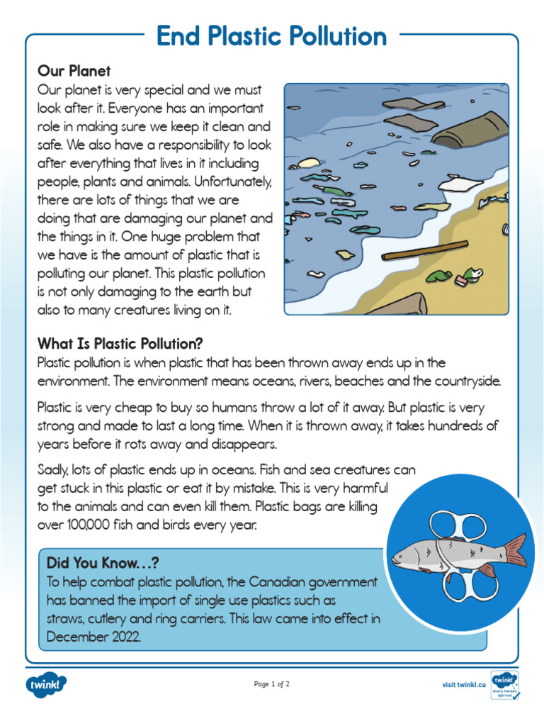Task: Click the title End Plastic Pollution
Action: point(272,37)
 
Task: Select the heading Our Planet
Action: point(74,72)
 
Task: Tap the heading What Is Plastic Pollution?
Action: point(120,344)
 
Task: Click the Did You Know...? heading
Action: point(102,562)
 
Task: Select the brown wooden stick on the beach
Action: point(424,250)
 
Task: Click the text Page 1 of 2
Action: point(272,684)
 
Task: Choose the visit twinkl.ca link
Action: point(464,684)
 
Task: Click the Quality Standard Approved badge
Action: point(504,685)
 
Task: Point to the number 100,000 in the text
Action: point(87,526)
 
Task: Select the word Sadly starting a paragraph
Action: point(54,470)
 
